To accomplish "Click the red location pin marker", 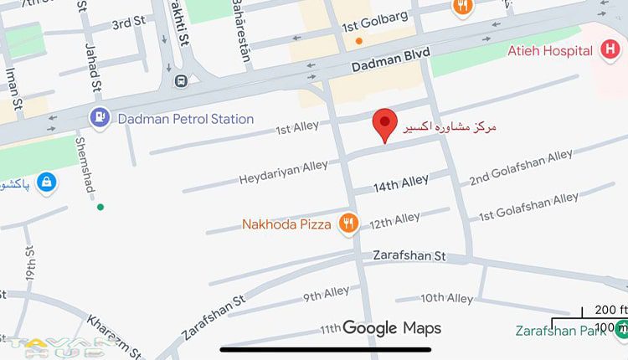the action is point(384,124).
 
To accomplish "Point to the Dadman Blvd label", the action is point(390,58).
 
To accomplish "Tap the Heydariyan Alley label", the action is point(283,172).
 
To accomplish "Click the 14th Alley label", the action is point(401,181).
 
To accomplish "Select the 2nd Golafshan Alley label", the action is point(521,168).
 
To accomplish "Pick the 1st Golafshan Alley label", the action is point(528,208).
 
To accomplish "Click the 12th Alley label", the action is point(394,220).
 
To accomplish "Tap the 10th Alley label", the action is point(446,298).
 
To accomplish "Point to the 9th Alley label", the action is point(326,293).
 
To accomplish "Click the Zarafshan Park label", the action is point(563,330).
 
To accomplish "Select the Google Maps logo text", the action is point(392,328).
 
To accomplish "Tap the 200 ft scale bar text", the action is point(611,310).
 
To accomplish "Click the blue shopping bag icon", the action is point(48,181).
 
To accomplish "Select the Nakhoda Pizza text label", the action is point(289,224).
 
